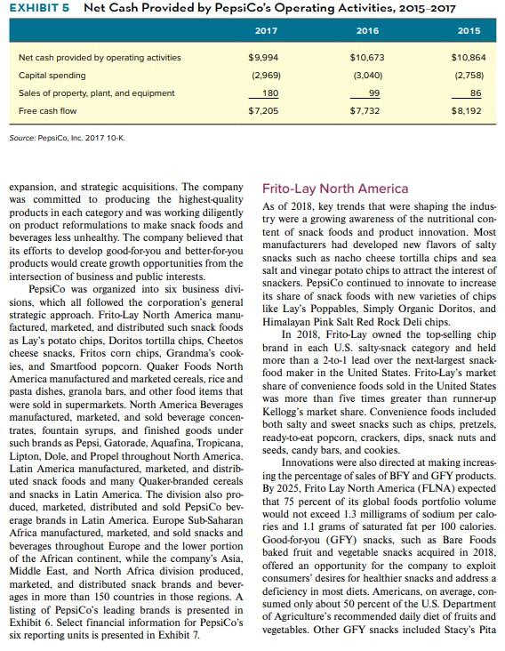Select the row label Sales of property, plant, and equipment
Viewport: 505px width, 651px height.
82,93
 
